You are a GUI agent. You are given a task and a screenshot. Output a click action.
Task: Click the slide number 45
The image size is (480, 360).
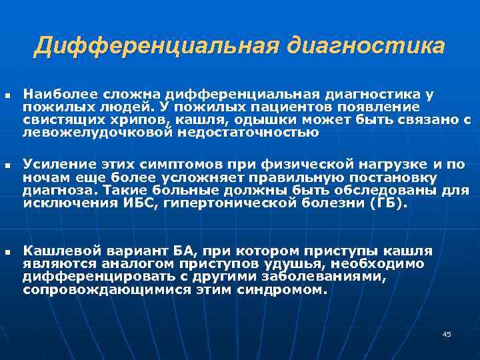[447, 334]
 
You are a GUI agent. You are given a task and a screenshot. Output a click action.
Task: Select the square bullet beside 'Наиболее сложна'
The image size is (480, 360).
[7, 97]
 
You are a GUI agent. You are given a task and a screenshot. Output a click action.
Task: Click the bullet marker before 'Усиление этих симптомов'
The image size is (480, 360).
[7, 164]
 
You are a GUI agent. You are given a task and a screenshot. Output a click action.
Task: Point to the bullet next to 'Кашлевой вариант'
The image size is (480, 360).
[7, 253]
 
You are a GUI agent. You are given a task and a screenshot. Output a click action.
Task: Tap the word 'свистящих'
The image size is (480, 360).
[55, 120]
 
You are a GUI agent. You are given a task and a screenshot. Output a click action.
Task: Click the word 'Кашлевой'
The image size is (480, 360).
[56, 251]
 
